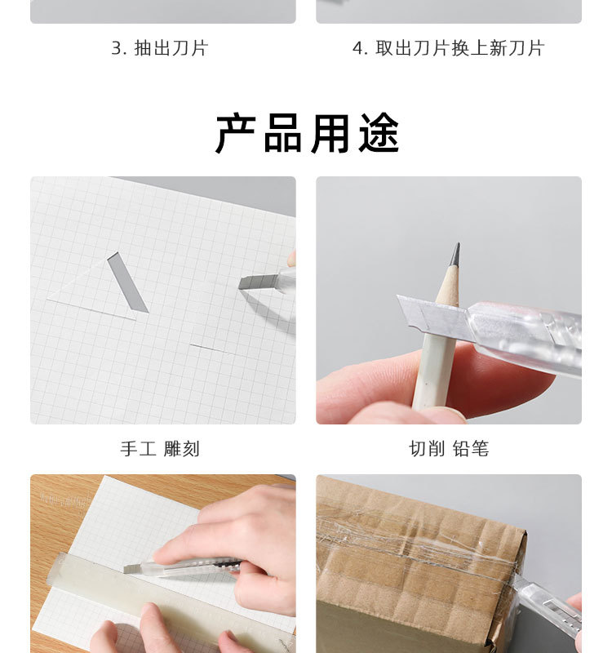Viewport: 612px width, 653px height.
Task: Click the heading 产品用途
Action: [308, 133]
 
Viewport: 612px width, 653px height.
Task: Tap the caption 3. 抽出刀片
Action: [160, 48]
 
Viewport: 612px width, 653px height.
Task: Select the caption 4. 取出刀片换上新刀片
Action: [448, 48]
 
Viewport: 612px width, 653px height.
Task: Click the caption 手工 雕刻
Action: [160, 448]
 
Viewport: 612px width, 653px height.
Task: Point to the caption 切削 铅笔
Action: [448, 448]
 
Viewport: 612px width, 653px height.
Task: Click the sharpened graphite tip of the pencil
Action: [455, 254]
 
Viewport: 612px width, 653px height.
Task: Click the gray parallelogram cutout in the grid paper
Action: [127, 282]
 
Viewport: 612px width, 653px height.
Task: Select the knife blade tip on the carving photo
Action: [241, 283]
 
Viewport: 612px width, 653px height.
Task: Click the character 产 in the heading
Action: [236, 133]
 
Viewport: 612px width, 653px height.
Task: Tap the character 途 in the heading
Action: [379, 133]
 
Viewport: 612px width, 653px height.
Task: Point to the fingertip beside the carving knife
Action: [292, 258]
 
